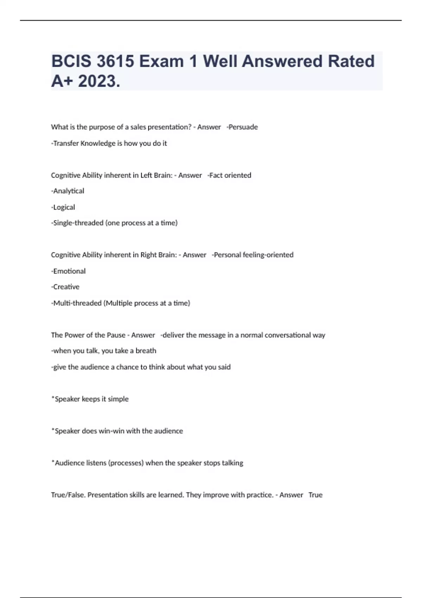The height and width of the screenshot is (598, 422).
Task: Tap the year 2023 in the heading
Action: pos(99,81)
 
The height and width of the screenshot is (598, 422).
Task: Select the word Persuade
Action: pos(243,127)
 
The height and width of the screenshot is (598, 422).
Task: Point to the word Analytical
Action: pos(69,191)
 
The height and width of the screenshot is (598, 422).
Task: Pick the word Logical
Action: pos(64,207)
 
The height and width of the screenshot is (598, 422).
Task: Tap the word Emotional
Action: pos(69,271)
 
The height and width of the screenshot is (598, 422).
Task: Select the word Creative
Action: pos(66,287)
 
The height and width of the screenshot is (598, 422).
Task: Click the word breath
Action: pos(146,351)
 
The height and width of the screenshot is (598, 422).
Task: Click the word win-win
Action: pos(111,431)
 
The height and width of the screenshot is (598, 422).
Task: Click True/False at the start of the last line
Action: pos(68,495)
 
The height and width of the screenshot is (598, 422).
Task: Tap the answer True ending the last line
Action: pos(315,495)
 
